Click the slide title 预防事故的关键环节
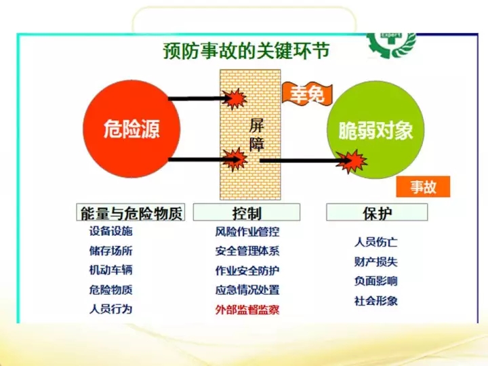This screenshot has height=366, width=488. click(x=246, y=51)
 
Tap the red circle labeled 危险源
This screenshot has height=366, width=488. click(x=131, y=129)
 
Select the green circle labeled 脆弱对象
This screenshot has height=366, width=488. click(x=375, y=130)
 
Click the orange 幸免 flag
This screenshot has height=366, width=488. click(x=307, y=93)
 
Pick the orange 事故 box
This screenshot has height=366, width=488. click(x=423, y=187)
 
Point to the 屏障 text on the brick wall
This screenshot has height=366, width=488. click(x=257, y=135)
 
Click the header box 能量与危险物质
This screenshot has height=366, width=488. click(x=131, y=213)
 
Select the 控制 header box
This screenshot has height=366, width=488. click(x=247, y=213)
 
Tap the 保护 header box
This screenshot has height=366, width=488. click(x=377, y=213)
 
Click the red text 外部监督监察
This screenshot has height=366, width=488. click(x=247, y=310)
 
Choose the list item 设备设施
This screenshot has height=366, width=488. click(x=110, y=231)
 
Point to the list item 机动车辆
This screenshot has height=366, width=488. click(x=110, y=270)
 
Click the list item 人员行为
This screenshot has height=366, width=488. click(x=110, y=309)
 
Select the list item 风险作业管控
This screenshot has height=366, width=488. click(x=247, y=232)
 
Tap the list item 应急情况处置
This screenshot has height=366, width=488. click(x=247, y=290)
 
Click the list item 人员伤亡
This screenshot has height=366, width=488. click(x=376, y=242)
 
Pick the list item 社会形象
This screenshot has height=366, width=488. click(x=376, y=301)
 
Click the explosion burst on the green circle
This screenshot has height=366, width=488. click(x=352, y=161)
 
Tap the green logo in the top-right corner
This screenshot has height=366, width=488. click(x=392, y=45)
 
